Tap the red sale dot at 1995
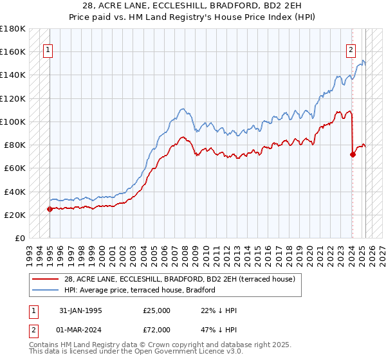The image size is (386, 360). tap(50, 209)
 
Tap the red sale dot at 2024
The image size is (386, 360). tap(353, 154)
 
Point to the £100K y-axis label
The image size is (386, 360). tap(13, 122)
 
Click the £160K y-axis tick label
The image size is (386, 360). tap(13, 51)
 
